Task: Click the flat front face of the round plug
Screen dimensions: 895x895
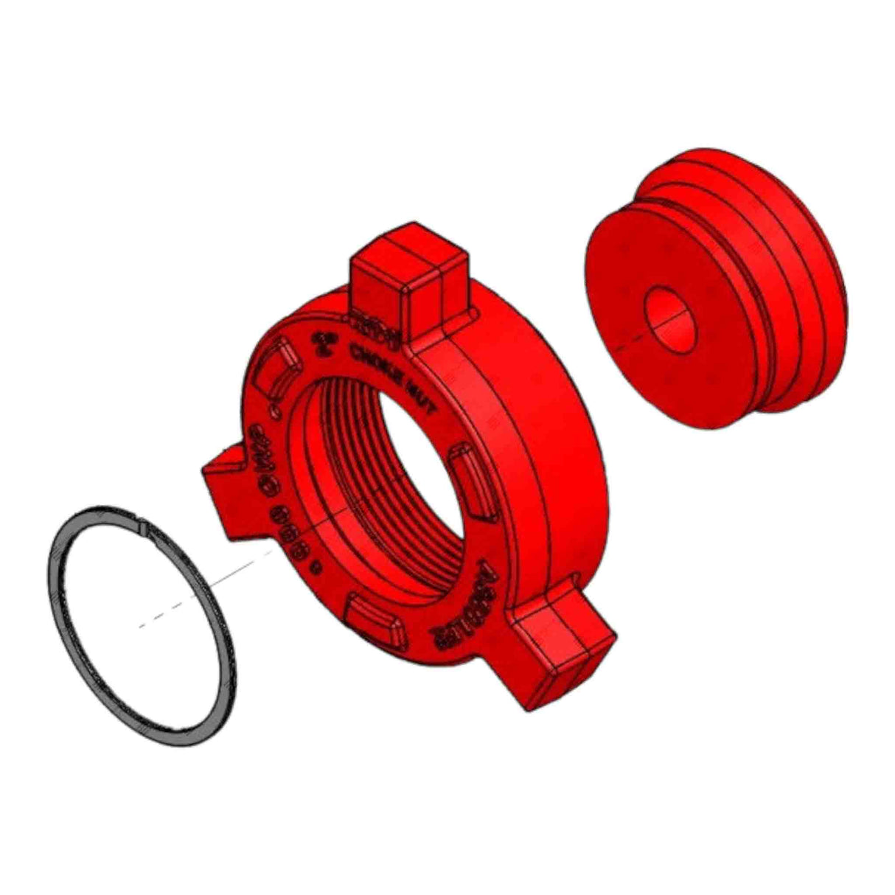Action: click(649, 354)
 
